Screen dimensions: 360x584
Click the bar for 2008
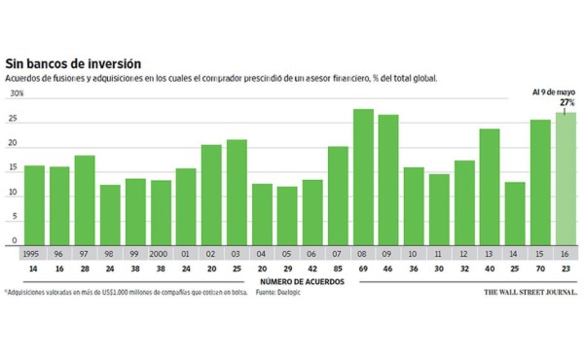tap(363, 175)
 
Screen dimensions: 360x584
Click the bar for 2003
tap(237, 191)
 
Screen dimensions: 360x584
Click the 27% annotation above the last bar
tap(566, 101)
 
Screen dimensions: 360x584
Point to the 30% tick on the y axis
tap(17, 94)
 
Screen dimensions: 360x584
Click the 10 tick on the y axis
tap(15, 193)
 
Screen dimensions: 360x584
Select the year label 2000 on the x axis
tap(161, 251)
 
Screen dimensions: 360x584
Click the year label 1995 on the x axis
tap(34, 251)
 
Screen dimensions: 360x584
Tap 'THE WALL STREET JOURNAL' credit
tap(530, 291)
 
